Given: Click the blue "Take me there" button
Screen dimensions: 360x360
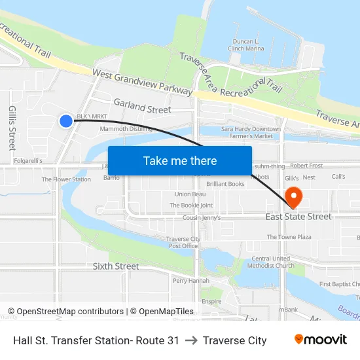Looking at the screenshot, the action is (x=180, y=160).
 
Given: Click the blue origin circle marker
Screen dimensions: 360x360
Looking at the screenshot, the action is (x=66, y=120).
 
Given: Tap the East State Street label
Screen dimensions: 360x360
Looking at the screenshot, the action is (x=298, y=217).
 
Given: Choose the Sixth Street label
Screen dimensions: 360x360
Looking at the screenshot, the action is (x=116, y=266).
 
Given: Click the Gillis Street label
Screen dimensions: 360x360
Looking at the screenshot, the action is (x=12, y=128).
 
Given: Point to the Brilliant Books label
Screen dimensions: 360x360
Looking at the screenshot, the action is (x=225, y=185).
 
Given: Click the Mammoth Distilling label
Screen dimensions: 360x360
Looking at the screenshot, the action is (x=126, y=129).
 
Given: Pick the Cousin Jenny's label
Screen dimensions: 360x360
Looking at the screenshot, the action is (x=202, y=217).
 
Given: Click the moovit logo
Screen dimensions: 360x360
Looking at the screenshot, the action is (x=321, y=340).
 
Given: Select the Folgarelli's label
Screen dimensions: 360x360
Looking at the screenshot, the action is (x=28, y=160).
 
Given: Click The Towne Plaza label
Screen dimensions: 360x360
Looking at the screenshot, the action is (x=289, y=237).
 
